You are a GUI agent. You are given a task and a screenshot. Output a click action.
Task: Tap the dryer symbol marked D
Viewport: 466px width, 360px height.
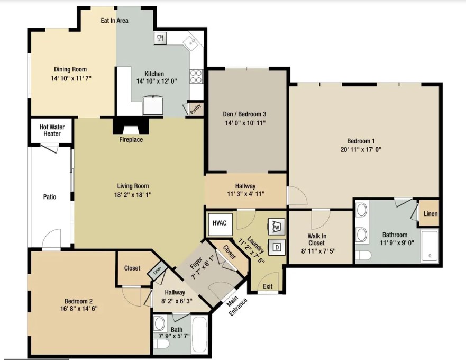click(277, 247)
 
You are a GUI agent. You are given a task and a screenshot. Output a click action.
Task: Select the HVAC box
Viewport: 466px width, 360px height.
click(220, 223)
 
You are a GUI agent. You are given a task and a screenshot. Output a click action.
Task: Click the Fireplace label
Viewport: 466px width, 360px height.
click(131, 140)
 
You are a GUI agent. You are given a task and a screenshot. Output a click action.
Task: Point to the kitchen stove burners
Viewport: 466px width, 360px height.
click(196, 76)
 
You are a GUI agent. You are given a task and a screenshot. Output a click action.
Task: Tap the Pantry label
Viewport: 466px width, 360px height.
click(196, 109)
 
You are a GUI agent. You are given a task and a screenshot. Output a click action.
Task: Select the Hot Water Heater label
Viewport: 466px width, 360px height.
click(52, 130)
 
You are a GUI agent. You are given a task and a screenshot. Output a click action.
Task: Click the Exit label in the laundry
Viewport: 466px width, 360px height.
click(268, 286)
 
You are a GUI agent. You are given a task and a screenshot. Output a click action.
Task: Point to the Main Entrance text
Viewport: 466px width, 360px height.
click(236, 306)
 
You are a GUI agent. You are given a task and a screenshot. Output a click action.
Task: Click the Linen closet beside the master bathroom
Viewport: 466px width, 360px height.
click(430, 214)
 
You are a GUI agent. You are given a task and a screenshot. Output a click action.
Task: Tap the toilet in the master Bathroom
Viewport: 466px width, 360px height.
click(363, 255)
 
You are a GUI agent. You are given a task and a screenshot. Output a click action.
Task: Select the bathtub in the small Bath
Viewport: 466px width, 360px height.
click(199, 335)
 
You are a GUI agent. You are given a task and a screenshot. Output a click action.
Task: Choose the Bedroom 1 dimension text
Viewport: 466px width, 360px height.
click(361, 149)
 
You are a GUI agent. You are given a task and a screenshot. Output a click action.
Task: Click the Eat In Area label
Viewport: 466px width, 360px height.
click(114, 21)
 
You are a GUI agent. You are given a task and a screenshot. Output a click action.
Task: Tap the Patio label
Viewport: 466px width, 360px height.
click(50, 196)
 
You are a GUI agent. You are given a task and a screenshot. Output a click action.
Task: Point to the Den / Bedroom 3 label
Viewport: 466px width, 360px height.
click(244, 114)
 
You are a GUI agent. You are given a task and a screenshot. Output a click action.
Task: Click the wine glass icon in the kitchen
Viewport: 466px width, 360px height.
click(160, 38)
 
